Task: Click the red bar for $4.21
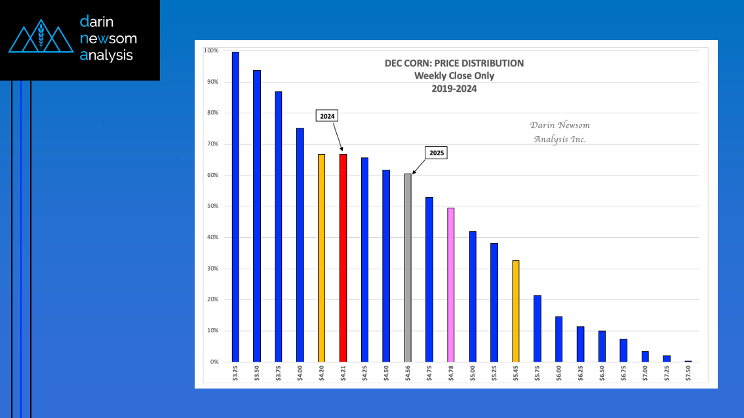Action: click(x=343, y=257)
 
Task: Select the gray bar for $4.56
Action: click(x=408, y=267)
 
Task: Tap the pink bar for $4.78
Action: click(x=451, y=284)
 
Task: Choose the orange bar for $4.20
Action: click(x=321, y=257)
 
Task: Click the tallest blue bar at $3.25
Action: click(x=235, y=206)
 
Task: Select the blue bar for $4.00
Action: click(x=300, y=244)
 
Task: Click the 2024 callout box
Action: click(x=327, y=116)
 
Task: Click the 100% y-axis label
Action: click(x=211, y=50)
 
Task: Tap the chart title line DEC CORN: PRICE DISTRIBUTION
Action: click(x=454, y=64)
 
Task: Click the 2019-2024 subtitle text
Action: click(x=454, y=88)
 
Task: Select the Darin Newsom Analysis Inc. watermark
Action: click(x=559, y=132)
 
